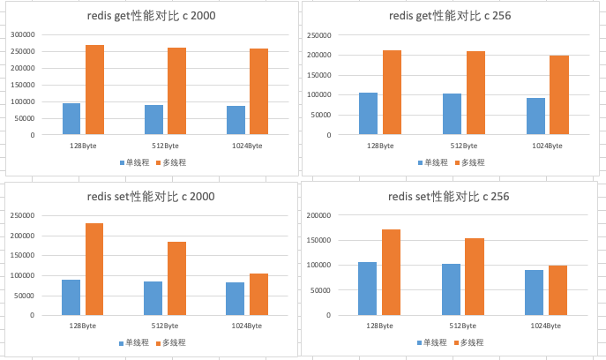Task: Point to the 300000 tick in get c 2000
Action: click(x=22, y=34)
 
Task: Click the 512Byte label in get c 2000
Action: click(x=165, y=145)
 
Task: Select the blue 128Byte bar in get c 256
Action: click(x=368, y=114)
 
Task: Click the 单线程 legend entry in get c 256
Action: click(x=431, y=162)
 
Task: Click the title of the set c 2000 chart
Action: click(x=153, y=196)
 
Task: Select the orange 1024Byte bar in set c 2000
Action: click(x=258, y=294)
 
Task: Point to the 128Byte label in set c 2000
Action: click(x=82, y=326)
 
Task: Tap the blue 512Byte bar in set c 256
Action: click(x=452, y=289)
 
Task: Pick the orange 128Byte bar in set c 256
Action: click(x=391, y=272)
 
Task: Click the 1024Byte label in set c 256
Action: click(x=547, y=326)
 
